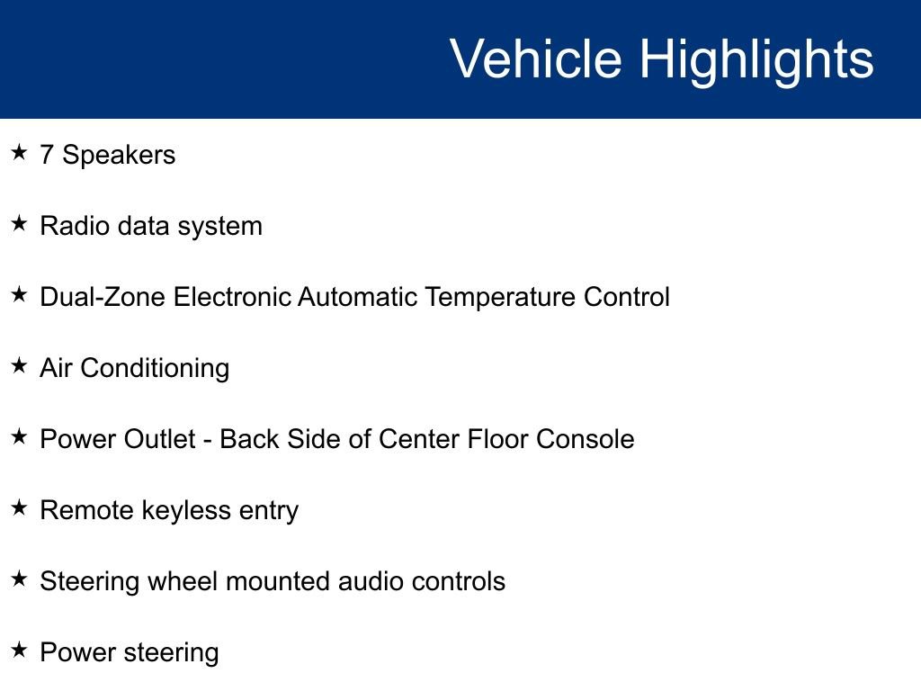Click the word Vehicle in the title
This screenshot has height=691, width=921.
click(x=535, y=59)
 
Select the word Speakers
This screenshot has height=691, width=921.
click(x=119, y=155)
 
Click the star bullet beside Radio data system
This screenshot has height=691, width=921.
click(x=19, y=224)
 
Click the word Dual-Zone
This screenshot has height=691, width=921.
click(x=103, y=297)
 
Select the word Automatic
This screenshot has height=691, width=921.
click(x=357, y=297)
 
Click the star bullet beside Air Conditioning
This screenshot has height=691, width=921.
click(x=19, y=366)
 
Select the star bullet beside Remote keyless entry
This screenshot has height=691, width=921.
click(x=19, y=508)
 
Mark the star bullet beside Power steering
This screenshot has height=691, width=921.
click(x=19, y=651)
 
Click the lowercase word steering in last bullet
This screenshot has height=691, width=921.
click(x=172, y=653)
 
